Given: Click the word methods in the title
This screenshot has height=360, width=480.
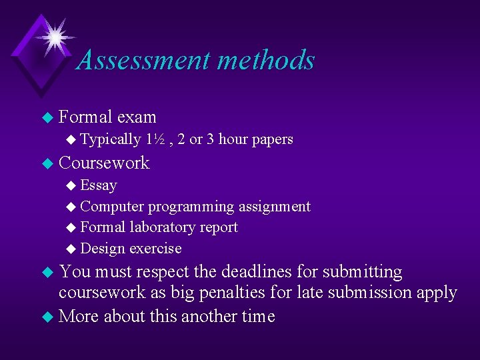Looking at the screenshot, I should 265,60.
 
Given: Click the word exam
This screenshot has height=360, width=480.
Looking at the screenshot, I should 136,117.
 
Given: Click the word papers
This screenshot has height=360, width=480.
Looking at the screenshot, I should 271,140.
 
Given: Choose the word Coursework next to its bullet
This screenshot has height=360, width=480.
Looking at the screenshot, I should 104,163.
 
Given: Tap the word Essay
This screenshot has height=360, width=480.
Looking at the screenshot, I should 98,185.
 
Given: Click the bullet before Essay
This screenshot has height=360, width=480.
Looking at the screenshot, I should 72,186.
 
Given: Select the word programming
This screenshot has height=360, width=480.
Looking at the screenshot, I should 191,207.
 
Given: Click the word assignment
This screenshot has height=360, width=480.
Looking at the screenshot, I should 274,207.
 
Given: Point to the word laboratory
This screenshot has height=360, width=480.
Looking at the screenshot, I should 160,227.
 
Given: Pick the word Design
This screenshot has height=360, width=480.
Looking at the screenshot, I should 103,249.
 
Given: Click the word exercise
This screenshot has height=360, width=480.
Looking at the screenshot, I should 155,249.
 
